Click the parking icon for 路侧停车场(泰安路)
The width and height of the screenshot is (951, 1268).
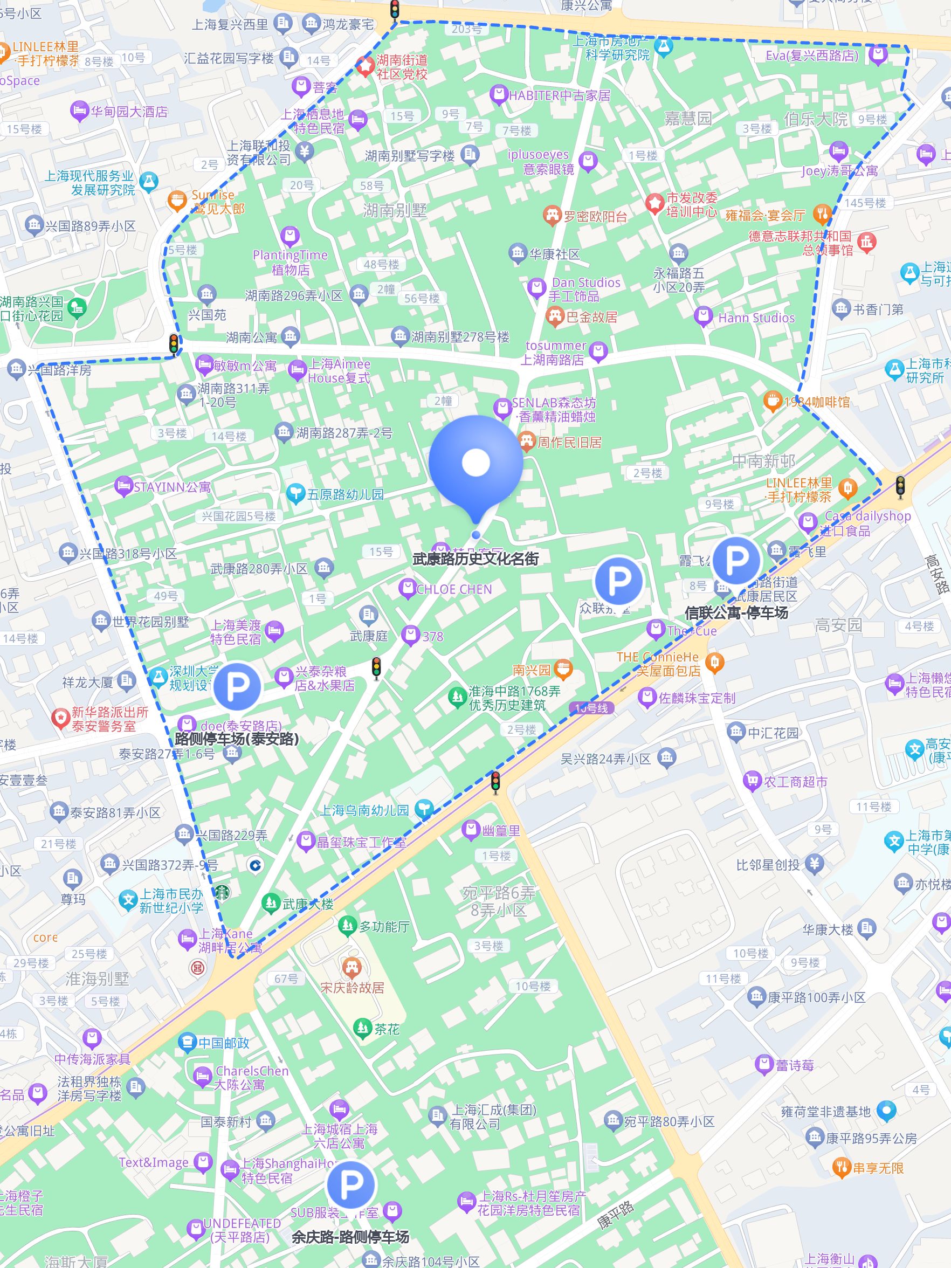[236, 686]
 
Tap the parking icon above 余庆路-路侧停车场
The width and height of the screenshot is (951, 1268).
[351, 1185]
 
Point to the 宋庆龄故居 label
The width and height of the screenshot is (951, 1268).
[352, 988]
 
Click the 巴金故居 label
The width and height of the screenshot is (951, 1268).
[591, 317]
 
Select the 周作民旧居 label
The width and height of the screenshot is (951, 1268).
[569, 442]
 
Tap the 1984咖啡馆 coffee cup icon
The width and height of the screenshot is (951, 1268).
[772, 401]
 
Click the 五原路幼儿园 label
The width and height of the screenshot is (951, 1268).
[345, 494]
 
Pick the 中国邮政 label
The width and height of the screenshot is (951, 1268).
[224, 1043]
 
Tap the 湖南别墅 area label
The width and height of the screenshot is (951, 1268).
[395, 211]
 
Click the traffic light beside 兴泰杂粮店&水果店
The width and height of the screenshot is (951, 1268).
[376, 668]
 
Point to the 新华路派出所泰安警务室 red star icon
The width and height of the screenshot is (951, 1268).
[60, 718]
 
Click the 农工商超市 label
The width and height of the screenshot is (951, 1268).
[795, 782]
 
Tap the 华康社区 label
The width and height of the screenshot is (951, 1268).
[554, 254]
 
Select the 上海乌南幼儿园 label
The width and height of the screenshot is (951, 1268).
[364, 810]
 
